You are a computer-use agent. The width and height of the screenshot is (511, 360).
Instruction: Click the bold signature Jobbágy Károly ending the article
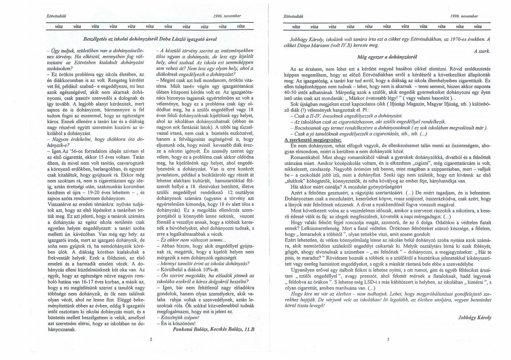pyautogui.click(x=475, y=317)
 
